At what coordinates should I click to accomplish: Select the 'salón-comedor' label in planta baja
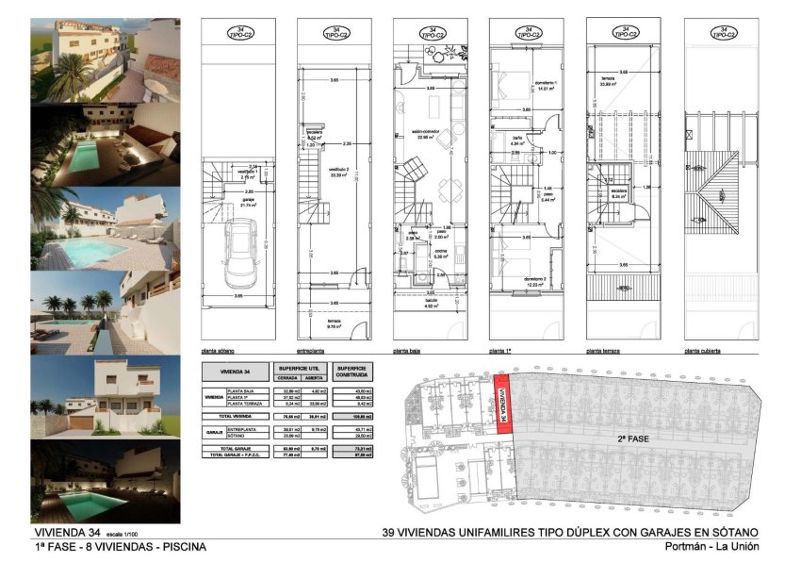coord(429,134)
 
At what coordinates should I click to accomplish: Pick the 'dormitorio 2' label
coord(535,281)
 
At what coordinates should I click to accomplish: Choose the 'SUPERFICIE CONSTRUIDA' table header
coord(350,370)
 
